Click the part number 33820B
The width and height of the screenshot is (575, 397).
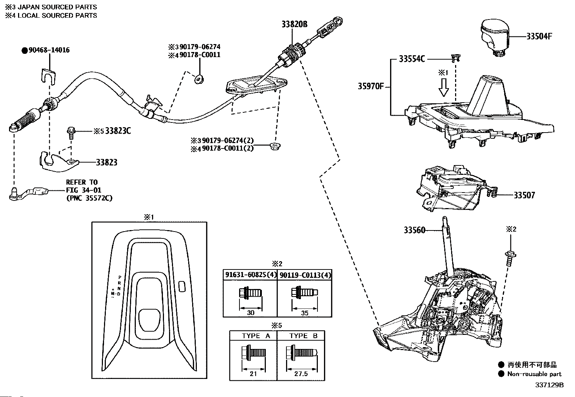[294, 24]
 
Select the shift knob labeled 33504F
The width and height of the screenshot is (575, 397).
[494, 37]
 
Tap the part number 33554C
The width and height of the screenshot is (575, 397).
[412, 59]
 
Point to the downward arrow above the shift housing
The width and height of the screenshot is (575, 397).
[443, 87]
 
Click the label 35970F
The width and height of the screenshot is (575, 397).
[371, 86]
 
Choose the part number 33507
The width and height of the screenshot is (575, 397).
[524, 195]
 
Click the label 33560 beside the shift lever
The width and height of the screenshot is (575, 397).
[415, 230]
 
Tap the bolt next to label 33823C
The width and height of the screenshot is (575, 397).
[70, 133]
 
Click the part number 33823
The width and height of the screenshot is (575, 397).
[107, 162]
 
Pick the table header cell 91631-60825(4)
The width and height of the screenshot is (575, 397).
[251, 275]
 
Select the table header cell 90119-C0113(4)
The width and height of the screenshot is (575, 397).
[305, 275]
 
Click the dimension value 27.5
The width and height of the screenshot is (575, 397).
[301, 374]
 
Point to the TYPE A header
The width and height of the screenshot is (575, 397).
[256, 336]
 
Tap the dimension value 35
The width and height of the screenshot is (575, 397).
[305, 313]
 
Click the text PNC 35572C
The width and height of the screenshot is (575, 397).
[89, 198]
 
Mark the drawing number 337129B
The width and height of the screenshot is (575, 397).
[549, 385]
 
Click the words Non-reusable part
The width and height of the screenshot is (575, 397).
[534, 374]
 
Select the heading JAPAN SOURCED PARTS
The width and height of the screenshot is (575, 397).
[57, 7]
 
